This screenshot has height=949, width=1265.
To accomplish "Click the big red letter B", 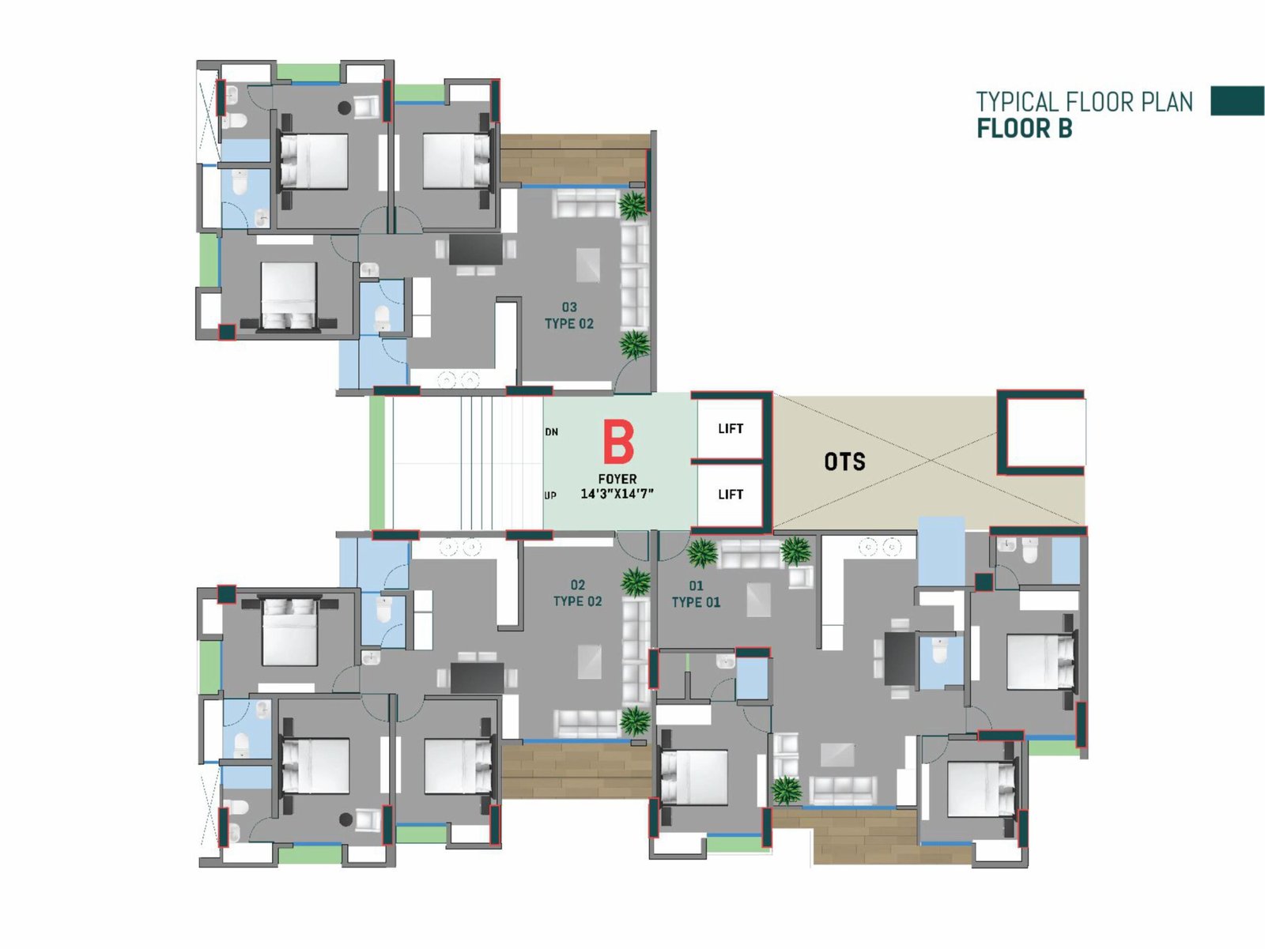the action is [618, 442].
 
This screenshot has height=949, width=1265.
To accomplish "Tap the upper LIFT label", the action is [731, 428].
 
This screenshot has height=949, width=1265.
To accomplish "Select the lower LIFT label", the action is [731, 494].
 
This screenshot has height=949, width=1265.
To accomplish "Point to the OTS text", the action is [844, 461].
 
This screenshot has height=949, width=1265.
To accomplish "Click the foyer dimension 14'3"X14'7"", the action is [617, 494].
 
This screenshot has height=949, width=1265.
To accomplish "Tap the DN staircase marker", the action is [552, 432].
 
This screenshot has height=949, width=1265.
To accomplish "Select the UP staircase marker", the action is [550, 495].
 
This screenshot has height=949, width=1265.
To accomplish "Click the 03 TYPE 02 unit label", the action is [568, 315].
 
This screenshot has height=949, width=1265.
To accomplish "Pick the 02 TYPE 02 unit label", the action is [577, 593].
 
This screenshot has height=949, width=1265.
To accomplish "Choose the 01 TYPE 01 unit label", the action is [696, 594].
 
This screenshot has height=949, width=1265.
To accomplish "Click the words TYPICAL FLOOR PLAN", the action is [1084, 102].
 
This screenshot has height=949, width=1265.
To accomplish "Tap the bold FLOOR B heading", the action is [1024, 129].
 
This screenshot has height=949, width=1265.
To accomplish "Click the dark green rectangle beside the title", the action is [1237, 101].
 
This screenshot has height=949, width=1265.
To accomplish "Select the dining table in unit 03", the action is [475, 250].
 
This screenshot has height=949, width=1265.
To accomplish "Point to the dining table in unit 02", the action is [477, 678].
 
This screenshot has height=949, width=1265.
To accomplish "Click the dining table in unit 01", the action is [900, 659].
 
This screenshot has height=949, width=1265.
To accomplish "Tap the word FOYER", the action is [617, 479].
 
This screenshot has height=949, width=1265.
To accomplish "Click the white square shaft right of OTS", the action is [1047, 432].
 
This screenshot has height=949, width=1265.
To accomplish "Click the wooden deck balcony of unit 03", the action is [573, 159].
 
